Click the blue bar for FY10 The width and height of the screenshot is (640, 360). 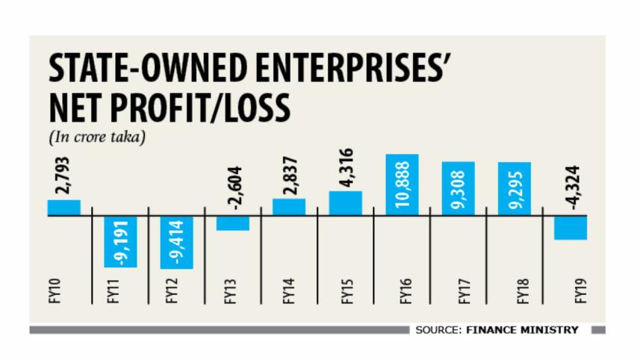[x=63, y=207]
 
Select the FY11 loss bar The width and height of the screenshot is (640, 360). [x=120, y=240]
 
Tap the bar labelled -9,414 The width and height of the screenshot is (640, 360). [x=176, y=242]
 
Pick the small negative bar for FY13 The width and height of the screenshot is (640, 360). [x=233, y=223]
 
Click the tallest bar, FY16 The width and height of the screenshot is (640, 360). [x=403, y=184]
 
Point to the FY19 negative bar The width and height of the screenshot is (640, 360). [x=571, y=227]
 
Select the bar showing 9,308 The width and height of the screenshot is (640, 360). [x=459, y=188]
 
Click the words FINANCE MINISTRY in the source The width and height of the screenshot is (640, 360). [x=524, y=329]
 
